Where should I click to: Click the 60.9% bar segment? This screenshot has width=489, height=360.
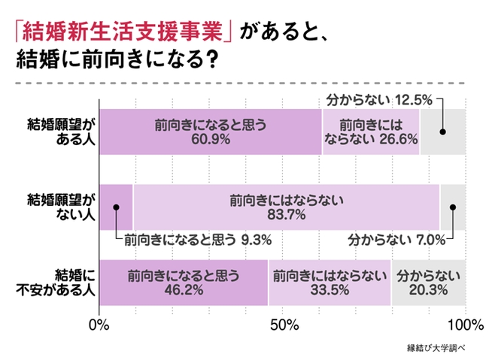pos(210,132)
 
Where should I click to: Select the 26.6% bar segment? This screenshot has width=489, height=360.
pos(370,132)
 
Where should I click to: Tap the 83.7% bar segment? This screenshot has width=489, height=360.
pos(286,206)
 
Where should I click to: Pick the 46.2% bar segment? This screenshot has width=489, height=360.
pos(183,281)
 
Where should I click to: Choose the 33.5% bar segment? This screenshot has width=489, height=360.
pos(329,281)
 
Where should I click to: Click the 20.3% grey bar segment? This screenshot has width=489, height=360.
pos(428,281)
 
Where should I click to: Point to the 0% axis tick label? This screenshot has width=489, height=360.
pos(99,325)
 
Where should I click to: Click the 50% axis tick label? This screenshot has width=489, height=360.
pos(282,325)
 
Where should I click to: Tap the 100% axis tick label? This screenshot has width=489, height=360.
pos(466,325)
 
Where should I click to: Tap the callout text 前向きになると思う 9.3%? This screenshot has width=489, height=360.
pos(197,241)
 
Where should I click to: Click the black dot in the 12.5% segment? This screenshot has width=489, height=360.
pos(443,132)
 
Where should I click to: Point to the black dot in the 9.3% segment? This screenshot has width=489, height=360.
pos(117,207)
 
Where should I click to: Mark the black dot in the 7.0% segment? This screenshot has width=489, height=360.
pos(453,207)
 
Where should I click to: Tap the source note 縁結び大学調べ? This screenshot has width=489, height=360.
pos(437,348)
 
